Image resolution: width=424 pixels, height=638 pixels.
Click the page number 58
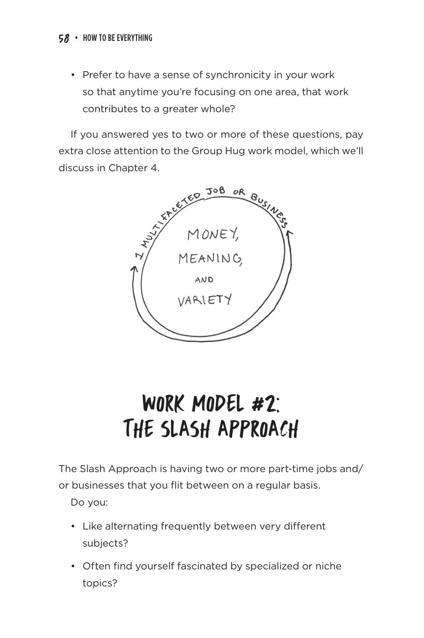click(x=64, y=38)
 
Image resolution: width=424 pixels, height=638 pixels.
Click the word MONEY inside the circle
click(x=213, y=234)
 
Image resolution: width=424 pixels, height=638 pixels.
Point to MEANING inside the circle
click(x=210, y=258)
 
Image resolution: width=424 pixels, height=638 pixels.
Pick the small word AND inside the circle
click(x=204, y=280)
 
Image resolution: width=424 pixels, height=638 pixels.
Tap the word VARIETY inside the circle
click(x=205, y=300)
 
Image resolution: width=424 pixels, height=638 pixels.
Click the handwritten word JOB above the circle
click(x=215, y=190)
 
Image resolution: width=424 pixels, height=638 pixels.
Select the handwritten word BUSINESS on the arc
click(x=269, y=209)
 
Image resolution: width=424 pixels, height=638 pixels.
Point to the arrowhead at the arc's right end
click(x=289, y=233)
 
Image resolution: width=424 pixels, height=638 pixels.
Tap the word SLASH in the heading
click(x=185, y=428)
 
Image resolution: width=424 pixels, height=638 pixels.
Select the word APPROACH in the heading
click(x=258, y=429)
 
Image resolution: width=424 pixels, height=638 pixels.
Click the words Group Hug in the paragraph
click(x=218, y=151)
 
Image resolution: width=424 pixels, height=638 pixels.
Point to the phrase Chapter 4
click(x=134, y=168)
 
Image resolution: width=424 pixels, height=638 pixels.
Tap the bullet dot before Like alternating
click(x=73, y=526)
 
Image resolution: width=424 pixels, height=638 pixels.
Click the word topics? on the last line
click(x=99, y=583)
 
